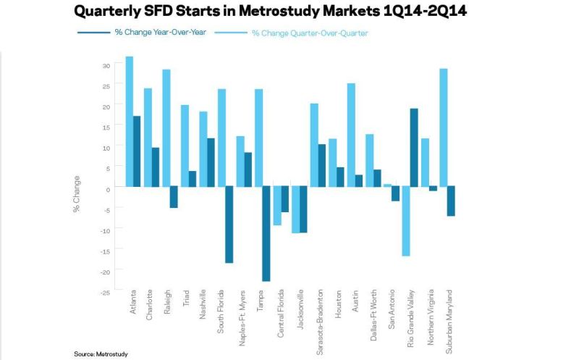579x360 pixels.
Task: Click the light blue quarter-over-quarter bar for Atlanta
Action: tap(130, 122)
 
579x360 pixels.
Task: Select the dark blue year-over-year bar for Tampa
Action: tap(266, 233)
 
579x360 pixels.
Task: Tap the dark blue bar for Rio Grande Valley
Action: tap(414, 148)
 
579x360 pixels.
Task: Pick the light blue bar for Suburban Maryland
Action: tap(443, 127)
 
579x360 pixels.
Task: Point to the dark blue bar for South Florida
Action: tap(229, 225)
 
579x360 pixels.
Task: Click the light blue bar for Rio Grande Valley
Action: tap(406, 221)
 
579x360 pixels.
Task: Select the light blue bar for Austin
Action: tap(351, 135)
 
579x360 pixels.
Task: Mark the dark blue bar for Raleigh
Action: tap(174, 197)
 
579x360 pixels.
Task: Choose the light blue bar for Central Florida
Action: tap(277, 206)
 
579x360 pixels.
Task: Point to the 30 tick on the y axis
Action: tap(106, 66)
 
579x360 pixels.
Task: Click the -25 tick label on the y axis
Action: tap(105, 293)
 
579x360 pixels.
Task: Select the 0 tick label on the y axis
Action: tap(108, 190)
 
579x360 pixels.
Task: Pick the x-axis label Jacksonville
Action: tap(300, 309)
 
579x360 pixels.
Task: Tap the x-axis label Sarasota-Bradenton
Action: tap(320, 322)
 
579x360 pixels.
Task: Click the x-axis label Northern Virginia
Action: tap(430, 317)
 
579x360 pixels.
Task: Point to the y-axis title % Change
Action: tap(77, 194)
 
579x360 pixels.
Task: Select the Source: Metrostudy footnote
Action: tap(101, 353)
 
